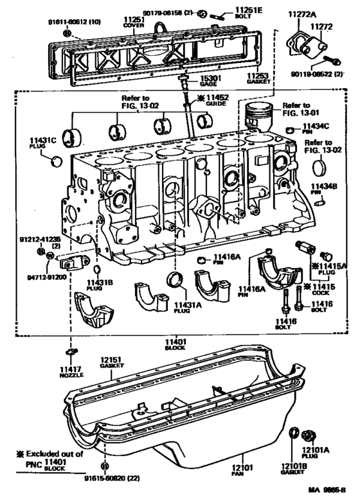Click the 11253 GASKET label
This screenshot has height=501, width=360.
coord(258,79)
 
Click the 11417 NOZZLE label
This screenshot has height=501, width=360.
coord(71,372)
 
